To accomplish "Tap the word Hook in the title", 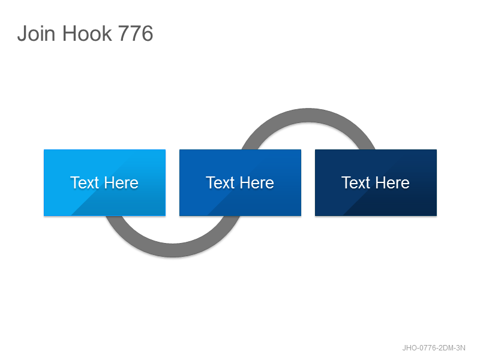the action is coord(87,33).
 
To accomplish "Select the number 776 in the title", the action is coord(136,33).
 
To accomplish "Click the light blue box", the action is coord(104,183).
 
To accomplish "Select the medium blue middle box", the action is coord(241,183).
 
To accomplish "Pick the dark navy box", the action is coord(376,183).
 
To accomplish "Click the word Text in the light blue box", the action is coord(85,183).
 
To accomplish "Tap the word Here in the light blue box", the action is coord(121,183).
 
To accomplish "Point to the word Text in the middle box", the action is coord(220,183).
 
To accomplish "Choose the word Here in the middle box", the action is coord(257,183).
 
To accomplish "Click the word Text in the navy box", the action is coord(356,183).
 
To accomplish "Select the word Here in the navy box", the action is coord(392,183).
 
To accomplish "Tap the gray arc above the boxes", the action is coord(308,115).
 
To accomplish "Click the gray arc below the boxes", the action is coord(173,250).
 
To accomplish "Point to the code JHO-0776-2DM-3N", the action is coord(434,348).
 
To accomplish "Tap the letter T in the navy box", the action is coord(347,182).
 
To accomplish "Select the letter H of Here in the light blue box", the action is coord(110,182).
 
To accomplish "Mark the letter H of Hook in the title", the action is coord(69,33).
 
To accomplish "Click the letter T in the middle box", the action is coord(211,182).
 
